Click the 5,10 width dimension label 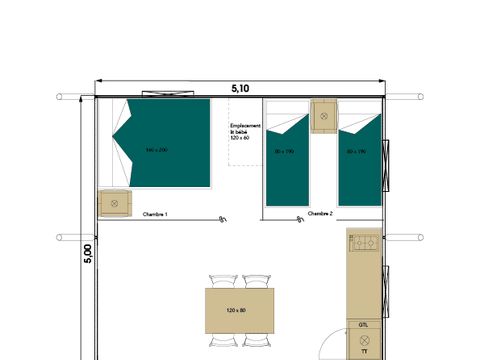(240, 88)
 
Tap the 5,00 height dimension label (87, 254)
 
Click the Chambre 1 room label (154, 215)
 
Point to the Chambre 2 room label (320, 214)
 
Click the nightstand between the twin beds (324, 115)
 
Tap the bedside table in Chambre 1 (114, 203)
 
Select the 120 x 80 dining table (239, 311)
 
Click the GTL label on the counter (363, 326)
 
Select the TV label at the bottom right (364, 352)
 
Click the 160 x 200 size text (155, 150)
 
